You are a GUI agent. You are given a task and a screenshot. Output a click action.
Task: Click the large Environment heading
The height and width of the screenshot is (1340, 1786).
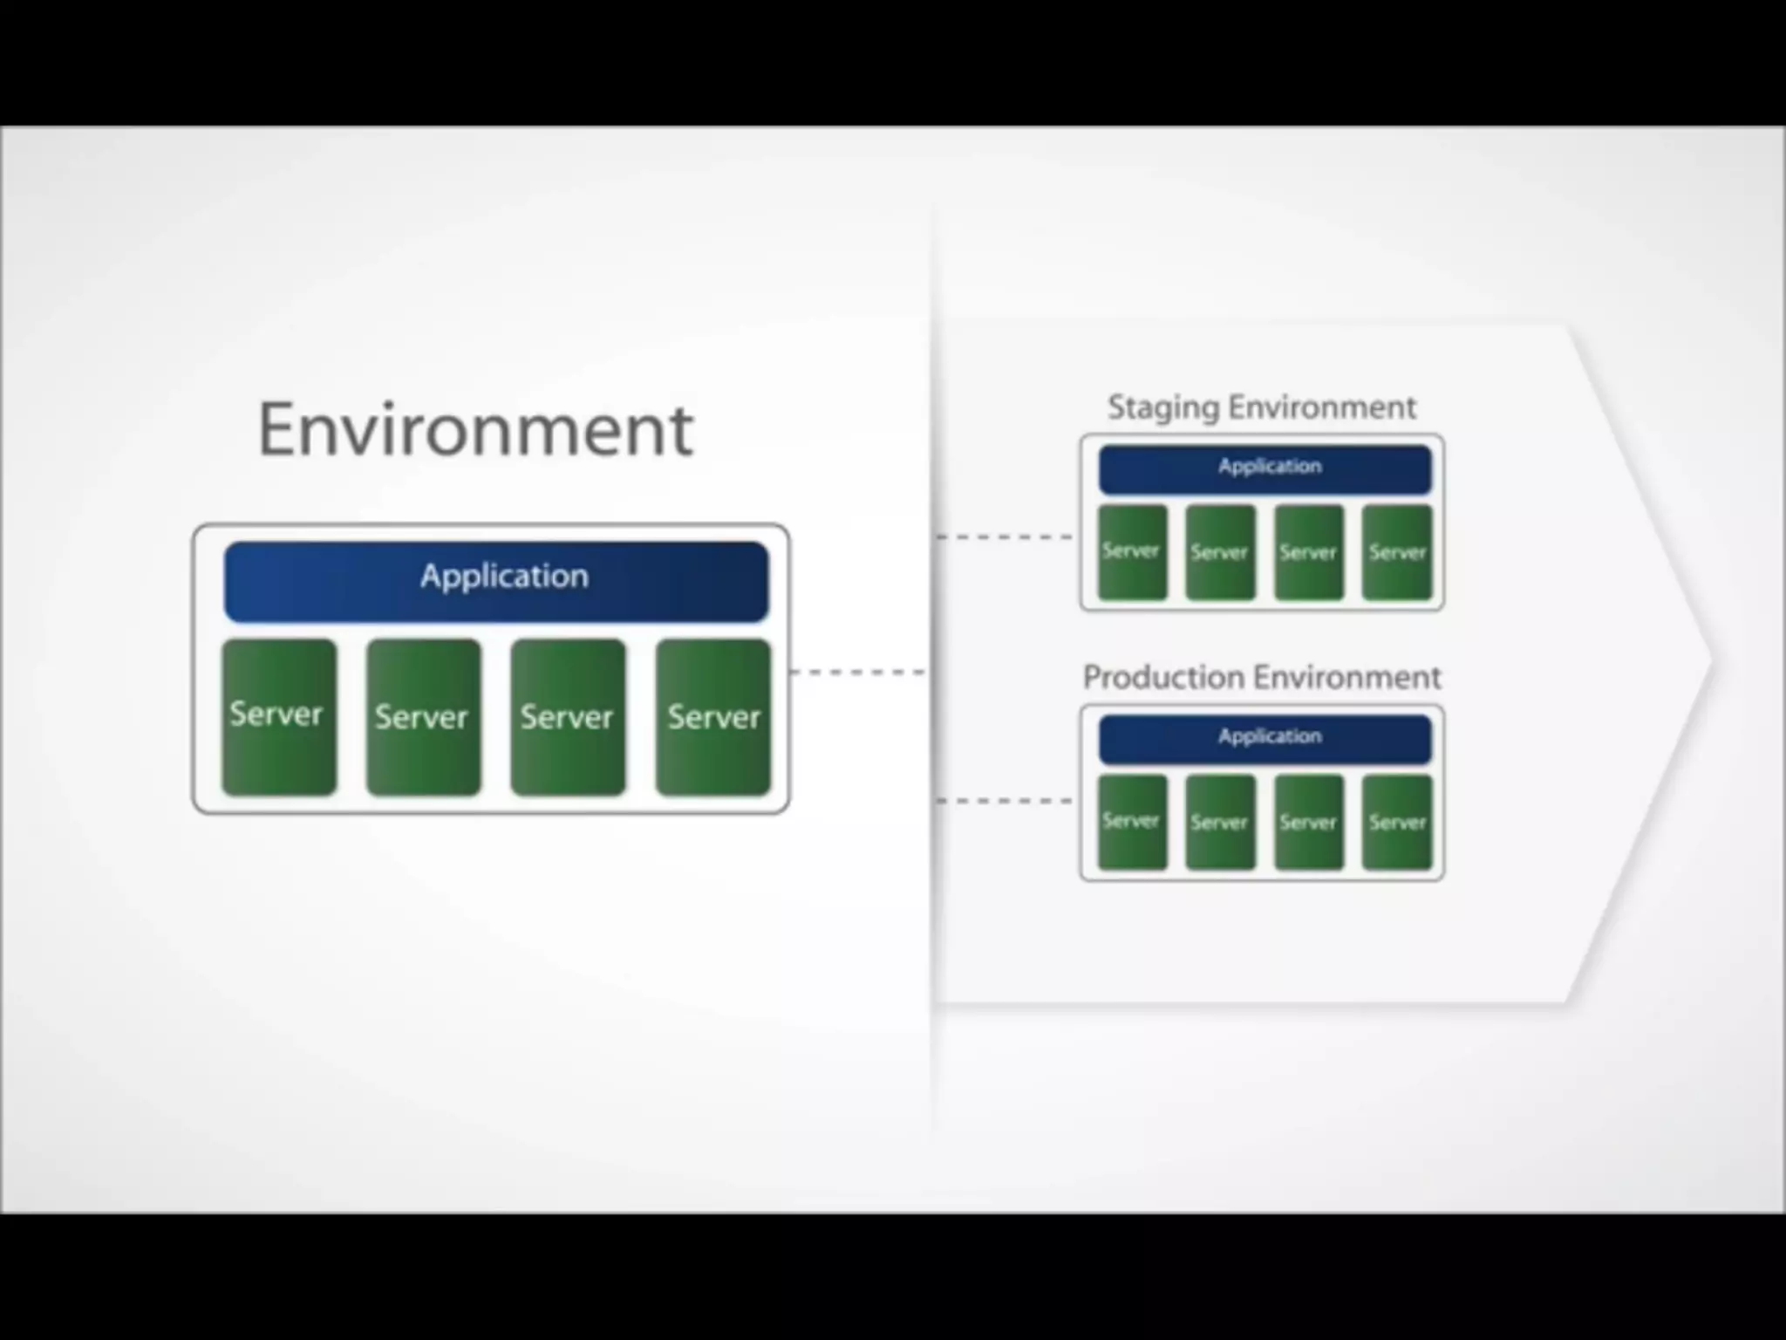click(475, 429)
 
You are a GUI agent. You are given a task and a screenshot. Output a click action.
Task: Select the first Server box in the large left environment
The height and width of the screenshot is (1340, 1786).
click(279, 717)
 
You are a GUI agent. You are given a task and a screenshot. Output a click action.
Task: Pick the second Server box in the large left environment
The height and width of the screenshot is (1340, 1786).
click(424, 717)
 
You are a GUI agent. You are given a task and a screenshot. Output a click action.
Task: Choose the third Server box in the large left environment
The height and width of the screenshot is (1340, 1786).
click(568, 717)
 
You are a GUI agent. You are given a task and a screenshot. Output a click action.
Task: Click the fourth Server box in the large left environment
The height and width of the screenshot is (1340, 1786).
click(713, 717)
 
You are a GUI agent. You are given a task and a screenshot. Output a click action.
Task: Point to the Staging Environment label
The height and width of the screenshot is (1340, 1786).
click(1261, 407)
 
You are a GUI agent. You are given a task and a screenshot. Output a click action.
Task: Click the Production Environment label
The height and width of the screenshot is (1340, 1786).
click(1261, 677)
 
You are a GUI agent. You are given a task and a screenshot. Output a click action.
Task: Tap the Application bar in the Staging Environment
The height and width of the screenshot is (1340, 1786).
click(1265, 469)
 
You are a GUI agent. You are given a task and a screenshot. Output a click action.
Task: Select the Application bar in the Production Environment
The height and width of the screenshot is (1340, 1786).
click(1265, 739)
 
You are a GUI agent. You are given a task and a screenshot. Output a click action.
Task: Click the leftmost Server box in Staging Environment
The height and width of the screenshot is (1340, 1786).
click(1132, 552)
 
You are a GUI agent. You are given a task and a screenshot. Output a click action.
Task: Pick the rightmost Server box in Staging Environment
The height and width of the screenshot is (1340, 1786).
click(1397, 552)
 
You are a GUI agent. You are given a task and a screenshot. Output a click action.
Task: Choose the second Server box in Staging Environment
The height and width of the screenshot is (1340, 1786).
click(1220, 552)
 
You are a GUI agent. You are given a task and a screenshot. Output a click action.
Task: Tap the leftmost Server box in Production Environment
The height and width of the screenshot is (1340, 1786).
click(1132, 822)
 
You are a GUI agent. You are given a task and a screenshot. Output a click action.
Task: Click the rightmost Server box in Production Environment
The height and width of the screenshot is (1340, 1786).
click(1397, 822)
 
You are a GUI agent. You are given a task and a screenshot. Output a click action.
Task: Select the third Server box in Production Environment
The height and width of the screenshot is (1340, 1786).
click(1309, 822)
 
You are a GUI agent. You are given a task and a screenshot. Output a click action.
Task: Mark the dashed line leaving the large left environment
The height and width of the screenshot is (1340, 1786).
click(858, 672)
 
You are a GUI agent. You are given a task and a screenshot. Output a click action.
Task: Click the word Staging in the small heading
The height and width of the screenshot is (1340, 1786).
click(1163, 407)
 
